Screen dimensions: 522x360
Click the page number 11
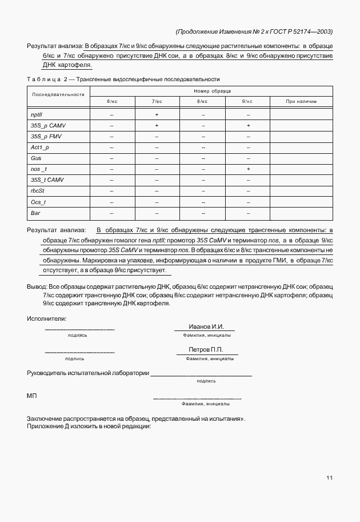[330, 478]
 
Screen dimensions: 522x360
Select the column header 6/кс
[111, 101]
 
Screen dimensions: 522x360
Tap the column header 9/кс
[247, 101]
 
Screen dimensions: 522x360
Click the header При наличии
[301, 101]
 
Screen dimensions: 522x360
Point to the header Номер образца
[211, 91]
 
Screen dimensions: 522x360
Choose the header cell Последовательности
[58, 94]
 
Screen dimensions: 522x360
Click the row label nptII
[37, 114]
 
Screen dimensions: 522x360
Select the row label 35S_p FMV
[45, 137]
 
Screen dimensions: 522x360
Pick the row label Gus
[36, 158]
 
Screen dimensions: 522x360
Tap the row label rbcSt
[38, 191]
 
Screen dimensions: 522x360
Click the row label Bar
[35, 213]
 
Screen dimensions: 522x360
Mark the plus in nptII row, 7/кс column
[157, 115]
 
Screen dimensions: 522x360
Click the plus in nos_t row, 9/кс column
[248, 169]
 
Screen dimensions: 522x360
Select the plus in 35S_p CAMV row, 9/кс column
[248, 126]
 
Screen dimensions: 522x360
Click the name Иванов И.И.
[206, 326]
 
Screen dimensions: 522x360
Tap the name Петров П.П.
[206, 349]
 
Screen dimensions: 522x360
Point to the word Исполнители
[47, 318]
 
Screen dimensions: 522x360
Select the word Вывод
[36, 285]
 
